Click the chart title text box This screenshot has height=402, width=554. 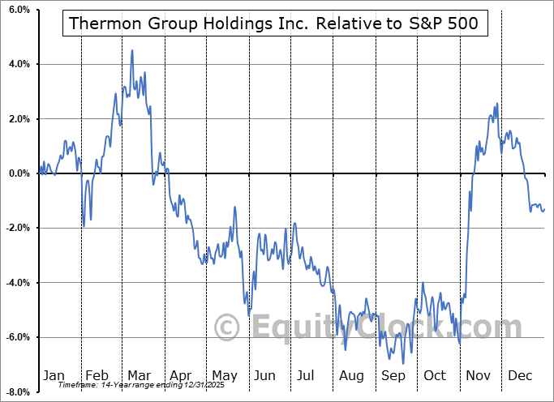click(276, 24)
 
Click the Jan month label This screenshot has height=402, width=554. click(54, 375)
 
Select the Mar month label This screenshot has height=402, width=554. click(139, 375)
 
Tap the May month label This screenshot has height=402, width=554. click(224, 375)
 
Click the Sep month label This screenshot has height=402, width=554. click(394, 375)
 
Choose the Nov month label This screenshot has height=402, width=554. click(479, 375)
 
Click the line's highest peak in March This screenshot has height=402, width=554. click(132, 50)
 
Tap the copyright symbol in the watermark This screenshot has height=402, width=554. click(227, 327)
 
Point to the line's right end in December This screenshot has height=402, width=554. click(544, 209)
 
